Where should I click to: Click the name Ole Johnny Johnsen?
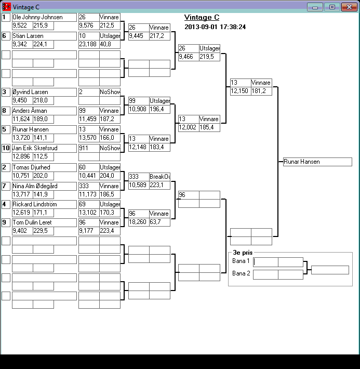pyautogui.click(x=44, y=17)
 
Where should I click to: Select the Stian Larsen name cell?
pyautogui.click(x=44, y=36)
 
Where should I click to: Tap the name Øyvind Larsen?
pyautogui.click(x=44, y=92)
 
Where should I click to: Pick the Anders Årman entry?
pyautogui.click(x=44, y=111)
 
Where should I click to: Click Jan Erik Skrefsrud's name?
pyautogui.click(x=44, y=148)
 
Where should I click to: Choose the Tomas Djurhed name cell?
pyautogui.click(x=44, y=167)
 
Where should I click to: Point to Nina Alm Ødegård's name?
pyautogui.click(x=44, y=186)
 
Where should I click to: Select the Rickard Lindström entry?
pyautogui.click(x=44, y=204)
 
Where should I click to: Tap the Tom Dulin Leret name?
pyautogui.click(x=44, y=222)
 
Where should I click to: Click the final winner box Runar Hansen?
pyautogui.click(x=317, y=162)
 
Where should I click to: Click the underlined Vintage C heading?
pyautogui.click(x=202, y=18)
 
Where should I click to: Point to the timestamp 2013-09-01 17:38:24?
pyautogui.click(x=215, y=27)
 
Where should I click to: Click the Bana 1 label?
pyautogui.click(x=241, y=261)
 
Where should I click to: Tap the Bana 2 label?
pyautogui.click(x=241, y=273)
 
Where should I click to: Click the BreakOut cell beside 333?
pyautogui.click(x=159, y=177)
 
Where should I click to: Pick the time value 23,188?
pyautogui.click(x=88, y=44)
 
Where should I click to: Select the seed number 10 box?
pyautogui.click(x=7, y=148)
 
